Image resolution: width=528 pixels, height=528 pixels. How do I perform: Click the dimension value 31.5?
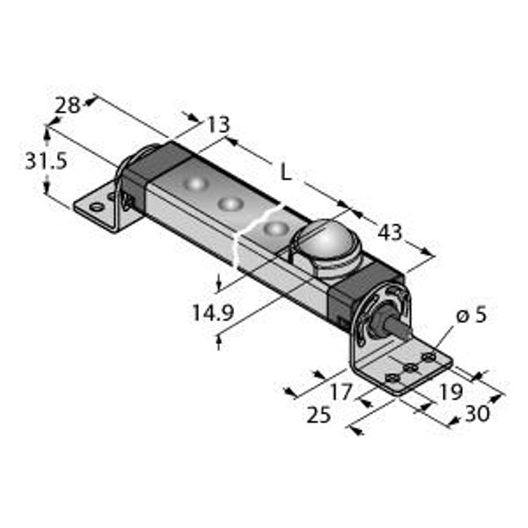tap(47, 161)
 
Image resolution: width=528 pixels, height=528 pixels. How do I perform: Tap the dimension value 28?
tap(68, 106)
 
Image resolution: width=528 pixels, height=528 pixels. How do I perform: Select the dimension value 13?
tap(219, 124)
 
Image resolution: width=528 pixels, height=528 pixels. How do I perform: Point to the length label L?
tap(286, 173)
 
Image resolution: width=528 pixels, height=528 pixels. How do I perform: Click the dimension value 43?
tap(390, 232)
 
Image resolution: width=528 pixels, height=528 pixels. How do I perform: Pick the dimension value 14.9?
tap(213, 312)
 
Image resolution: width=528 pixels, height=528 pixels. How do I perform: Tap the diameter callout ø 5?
tap(472, 316)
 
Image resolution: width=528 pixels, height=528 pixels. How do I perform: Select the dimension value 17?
tap(341, 392)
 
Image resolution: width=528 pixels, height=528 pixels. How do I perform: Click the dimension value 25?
tap(319, 414)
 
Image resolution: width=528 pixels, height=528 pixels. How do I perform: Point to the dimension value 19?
tap(451, 392)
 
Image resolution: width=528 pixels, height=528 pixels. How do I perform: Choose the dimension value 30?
tap(477, 414)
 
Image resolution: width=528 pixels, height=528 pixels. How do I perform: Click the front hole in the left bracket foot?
tap(97, 207)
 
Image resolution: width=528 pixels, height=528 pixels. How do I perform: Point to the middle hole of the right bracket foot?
tap(411, 368)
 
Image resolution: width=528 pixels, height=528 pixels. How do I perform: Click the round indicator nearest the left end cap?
tap(194, 183)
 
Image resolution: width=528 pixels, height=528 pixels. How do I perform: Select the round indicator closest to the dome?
tap(276, 228)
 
